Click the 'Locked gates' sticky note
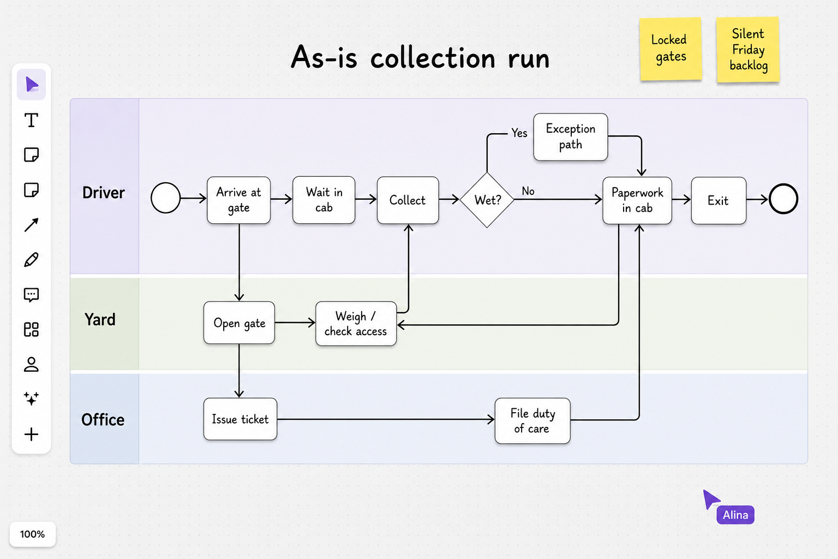[671, 49]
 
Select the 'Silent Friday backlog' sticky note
[748, 50]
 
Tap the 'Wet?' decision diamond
[487, 200]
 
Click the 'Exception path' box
[571, 137]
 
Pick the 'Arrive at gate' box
[238, 200]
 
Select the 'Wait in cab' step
[324, 200]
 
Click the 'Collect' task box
[408, 200]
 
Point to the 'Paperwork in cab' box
[637, 201]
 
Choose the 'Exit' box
[719, 201]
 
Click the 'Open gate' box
[239, 323]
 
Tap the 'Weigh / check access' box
[356, 324]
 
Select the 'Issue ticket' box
[240, 419]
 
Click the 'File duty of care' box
[532, 421]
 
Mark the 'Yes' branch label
[519, 133]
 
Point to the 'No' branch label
[528, 191]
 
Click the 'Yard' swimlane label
[100, 319]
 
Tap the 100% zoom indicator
[33, 534]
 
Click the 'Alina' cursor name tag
[735, 515]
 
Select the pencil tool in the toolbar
[32, 259]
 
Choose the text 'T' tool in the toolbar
[32, 120]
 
